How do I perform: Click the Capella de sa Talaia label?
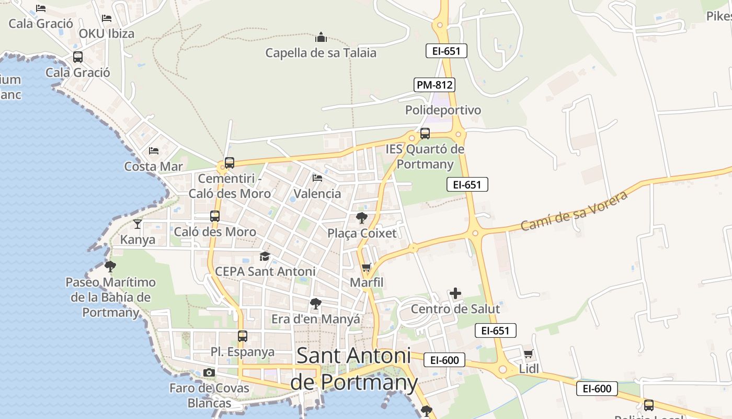[321, 53]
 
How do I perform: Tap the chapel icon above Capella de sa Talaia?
[321, 38]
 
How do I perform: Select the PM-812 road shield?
[434, 85]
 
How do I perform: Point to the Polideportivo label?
[443, 110]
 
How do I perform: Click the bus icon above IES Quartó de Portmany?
[425, 134]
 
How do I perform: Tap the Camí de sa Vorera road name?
[574, 211]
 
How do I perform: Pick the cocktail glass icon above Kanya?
[138, 224]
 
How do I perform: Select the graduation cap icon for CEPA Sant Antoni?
[265, 257]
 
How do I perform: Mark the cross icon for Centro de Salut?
[455, 294]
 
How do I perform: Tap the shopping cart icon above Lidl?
[529, 354]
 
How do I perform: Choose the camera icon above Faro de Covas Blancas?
[209, 373]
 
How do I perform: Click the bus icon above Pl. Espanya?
[243, 336]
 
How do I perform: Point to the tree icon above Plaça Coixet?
[361, 218]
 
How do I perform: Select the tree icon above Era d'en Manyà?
[315, 304]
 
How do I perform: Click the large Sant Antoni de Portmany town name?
[354, 369]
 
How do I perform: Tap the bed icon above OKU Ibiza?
[107, 18]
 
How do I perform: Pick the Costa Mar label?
[153, 167]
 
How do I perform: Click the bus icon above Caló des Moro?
[215, 216]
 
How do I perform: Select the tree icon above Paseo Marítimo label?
[110, 267]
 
